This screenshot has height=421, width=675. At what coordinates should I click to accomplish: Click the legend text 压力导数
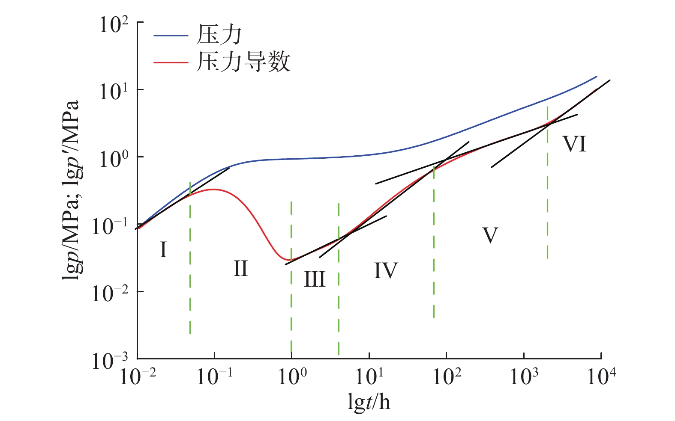(x=243, y=62)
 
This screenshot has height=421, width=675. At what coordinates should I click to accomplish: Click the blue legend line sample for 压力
(x=171, y=36)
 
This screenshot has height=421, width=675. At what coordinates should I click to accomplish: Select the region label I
(x=163, y=250)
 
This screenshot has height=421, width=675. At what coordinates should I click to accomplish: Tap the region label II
(x=240, y=269)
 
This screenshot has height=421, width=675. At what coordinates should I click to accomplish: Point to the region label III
(x=315, y=279)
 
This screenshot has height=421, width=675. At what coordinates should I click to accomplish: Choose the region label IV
(x=386, y=270)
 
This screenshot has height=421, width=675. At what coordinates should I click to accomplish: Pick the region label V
(x=490, y=235)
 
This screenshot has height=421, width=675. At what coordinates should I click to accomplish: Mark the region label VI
(x=574, y=144)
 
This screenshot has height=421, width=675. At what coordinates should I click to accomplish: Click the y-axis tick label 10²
(x=114, y=24)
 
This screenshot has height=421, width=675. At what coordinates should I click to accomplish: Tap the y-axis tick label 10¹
(x=114, y=92)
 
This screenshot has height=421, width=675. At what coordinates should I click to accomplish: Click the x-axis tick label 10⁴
(x=601, y=377)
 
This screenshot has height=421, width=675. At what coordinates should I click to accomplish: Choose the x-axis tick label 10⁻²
(x=137, y=377)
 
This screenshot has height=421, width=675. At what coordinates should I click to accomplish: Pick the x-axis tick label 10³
(x=524, y=377)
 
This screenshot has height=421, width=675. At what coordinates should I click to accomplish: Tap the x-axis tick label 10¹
(x=369, y=377)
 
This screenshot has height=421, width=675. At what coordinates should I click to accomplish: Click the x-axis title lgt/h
(x=369, y=402)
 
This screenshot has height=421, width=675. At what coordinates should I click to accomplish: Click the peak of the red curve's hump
(x=213, y=189)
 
